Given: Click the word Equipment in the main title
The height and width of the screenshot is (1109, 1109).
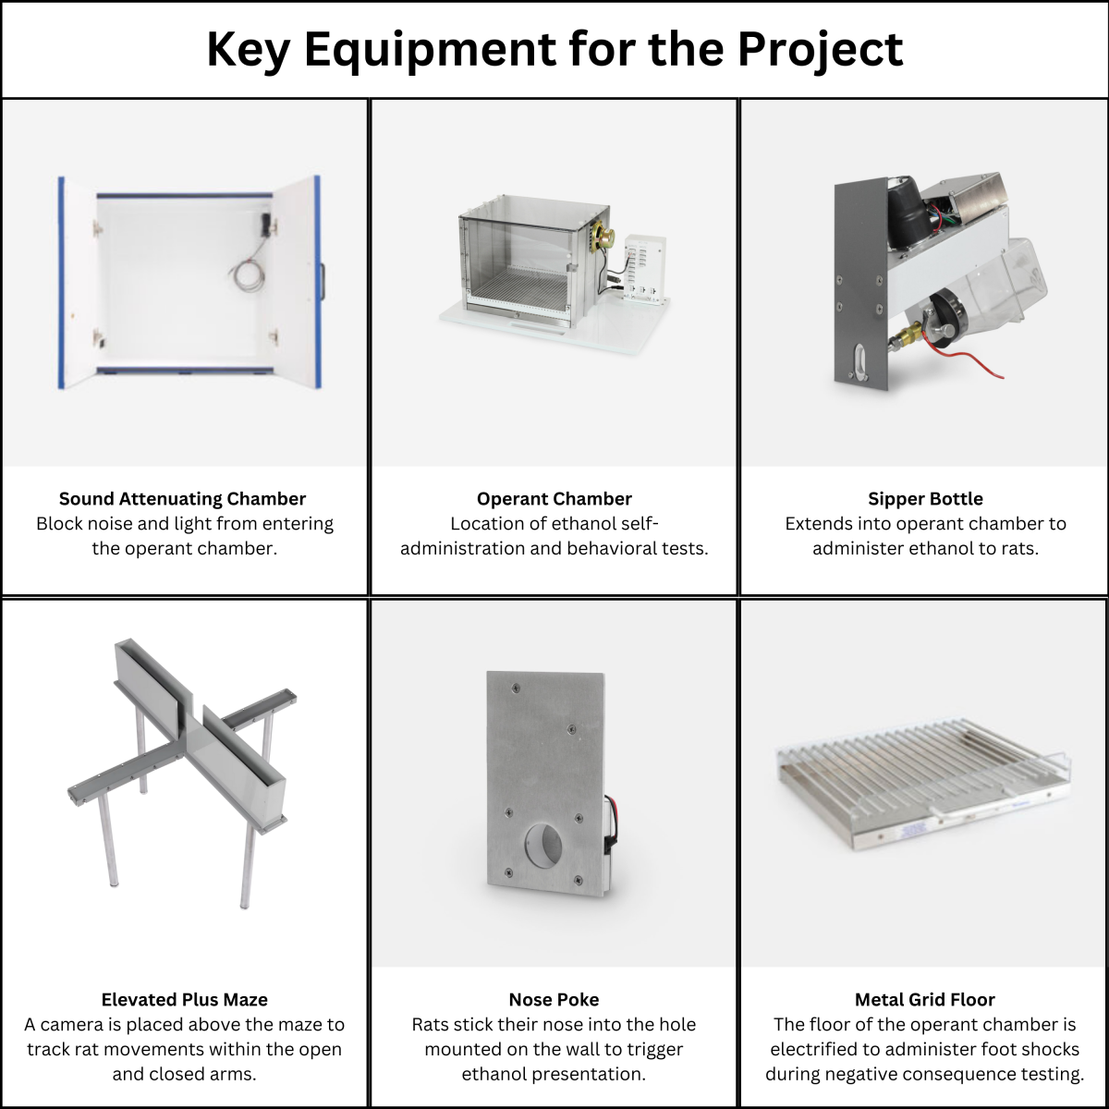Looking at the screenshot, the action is (431, 51).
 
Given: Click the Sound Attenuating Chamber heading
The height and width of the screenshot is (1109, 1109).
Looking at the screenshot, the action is (182, 498).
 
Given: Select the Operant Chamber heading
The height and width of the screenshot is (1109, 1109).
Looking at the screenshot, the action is (554, 498).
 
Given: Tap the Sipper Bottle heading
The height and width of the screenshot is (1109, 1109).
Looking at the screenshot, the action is (925, 498).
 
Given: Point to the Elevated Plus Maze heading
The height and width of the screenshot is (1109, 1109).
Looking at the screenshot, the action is (184, 1000).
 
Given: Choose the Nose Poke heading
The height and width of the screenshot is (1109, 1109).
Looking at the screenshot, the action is (554, 1000).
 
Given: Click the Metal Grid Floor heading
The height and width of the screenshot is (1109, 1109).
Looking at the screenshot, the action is (925, 1000).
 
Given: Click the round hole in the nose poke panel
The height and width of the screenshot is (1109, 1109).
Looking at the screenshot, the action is (543, 844).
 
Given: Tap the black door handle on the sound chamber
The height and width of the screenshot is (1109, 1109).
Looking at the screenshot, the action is (323, 282).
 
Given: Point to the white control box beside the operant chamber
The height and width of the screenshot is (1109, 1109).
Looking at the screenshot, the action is (645, 269).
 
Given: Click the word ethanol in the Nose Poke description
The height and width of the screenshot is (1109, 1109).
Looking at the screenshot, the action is (496, 1074).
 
